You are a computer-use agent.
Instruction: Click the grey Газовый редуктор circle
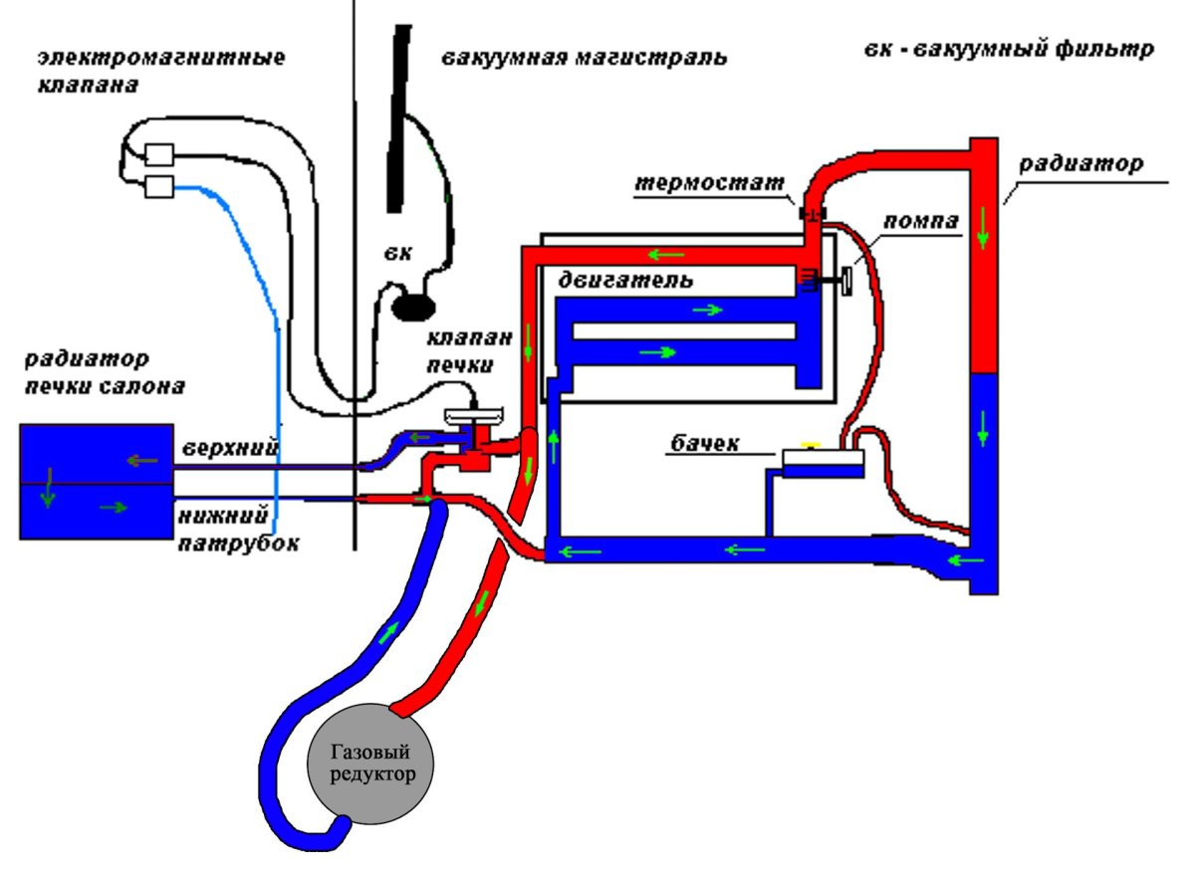coord(369,763)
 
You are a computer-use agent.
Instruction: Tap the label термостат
coord(709,183)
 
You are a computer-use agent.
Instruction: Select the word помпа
coord(920,221)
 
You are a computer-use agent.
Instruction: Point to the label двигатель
coord(625,280)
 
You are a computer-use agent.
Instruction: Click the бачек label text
coord(705,443)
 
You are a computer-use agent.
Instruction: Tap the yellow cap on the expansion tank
coord(811,445)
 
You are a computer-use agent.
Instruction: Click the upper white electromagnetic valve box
coord(159,154)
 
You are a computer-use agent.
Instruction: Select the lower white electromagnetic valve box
coord(159,186)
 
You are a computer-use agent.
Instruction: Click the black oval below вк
coord(413,308)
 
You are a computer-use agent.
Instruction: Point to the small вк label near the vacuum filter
coord(397,253)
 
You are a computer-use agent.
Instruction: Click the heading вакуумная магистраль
coord(585,58)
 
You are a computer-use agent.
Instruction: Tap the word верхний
coord(230,448)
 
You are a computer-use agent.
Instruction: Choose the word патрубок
coord(238,543)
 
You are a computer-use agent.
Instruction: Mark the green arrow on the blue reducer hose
coord(389,633)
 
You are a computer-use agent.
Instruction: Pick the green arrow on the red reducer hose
coord(482,602)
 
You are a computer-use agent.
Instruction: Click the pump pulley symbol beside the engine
coord(845,279)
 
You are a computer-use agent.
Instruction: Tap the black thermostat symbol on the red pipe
coord(813,214)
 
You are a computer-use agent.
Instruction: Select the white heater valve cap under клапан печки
coord(474,415)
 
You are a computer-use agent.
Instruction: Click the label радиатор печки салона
coord(106,371)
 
